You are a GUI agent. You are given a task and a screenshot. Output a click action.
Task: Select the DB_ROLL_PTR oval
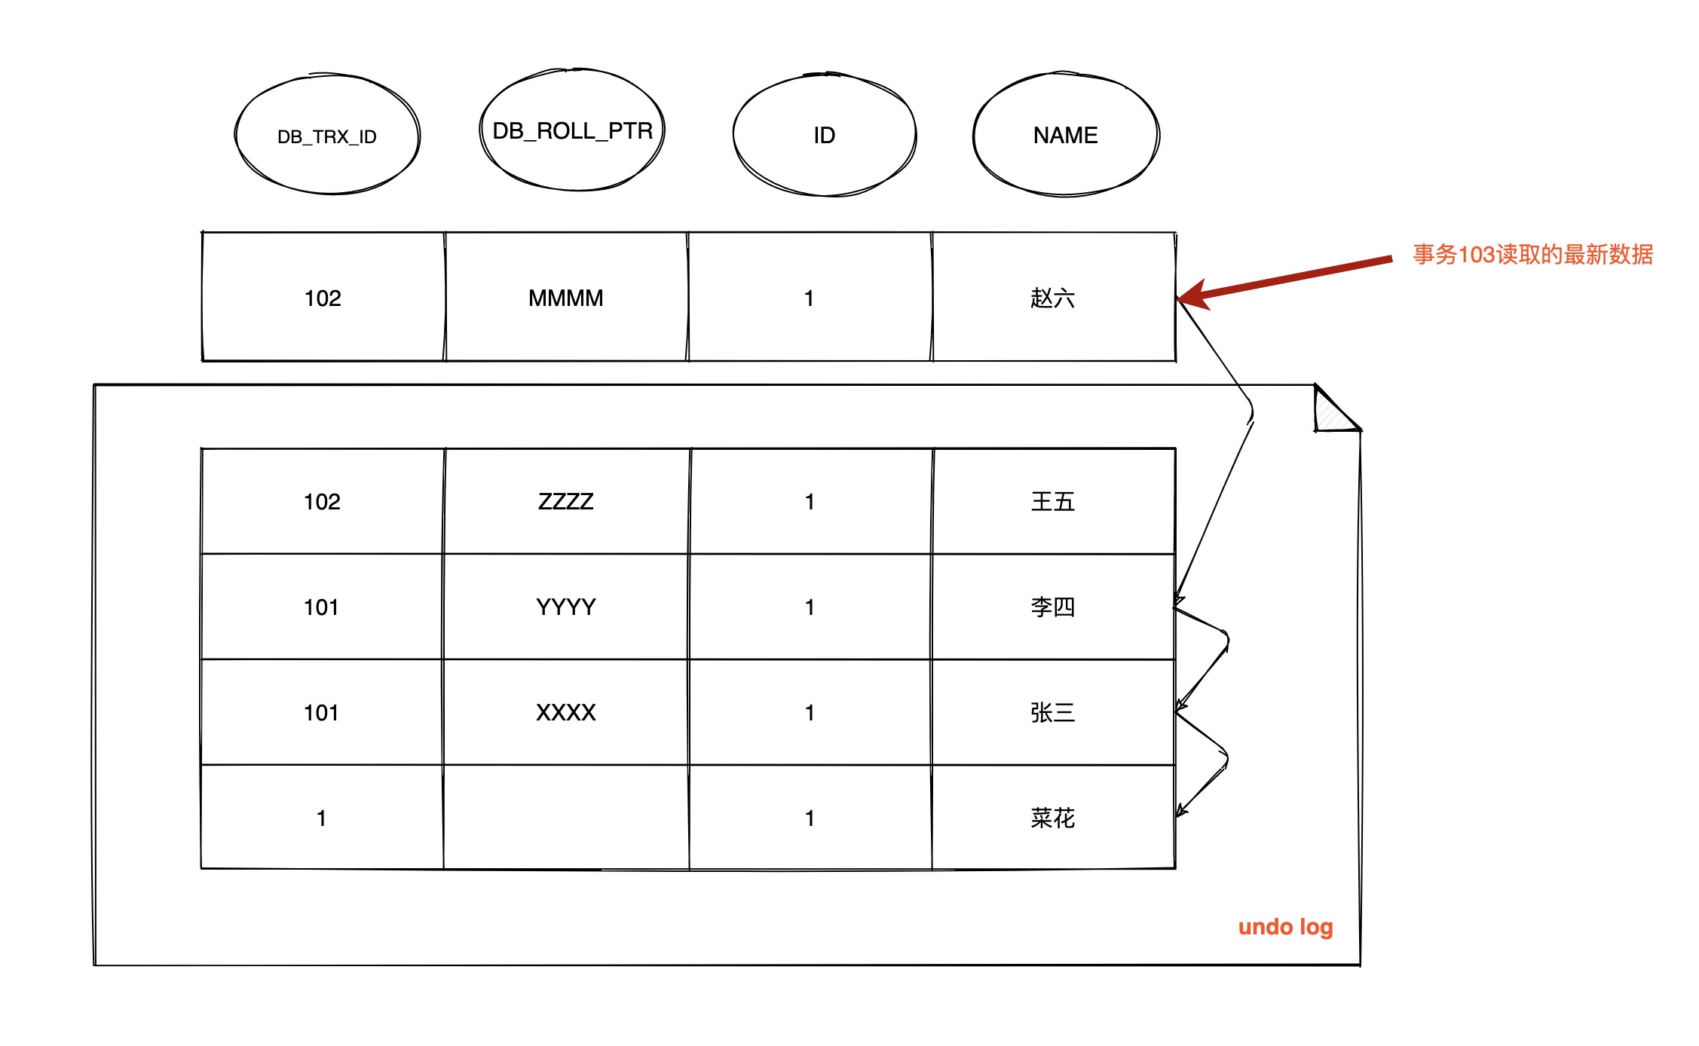tap(572, 130)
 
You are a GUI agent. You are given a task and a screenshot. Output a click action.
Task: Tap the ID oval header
tap(825, 135)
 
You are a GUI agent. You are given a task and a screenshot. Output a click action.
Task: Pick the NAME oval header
tap(1066, 135)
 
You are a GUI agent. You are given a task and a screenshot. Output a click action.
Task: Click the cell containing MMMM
tap(566, 297)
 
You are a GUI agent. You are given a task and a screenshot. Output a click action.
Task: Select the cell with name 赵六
tap(1054, 297)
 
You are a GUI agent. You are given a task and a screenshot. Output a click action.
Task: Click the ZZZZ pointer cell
tap(566, 501)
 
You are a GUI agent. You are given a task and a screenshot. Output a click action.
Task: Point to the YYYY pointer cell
tap(566, 607)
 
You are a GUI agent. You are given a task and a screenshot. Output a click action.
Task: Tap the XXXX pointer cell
tap(566, 712)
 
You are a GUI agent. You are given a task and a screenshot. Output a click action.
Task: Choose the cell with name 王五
tap(1054, 501)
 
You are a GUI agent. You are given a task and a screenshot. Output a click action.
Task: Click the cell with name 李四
tap(1054, 607)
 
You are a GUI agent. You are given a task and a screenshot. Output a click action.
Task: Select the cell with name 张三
tap(1054, 712)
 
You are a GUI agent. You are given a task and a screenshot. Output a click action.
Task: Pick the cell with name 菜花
tap(1054, 818)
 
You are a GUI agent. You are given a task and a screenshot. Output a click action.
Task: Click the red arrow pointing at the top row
tap(1284, 280)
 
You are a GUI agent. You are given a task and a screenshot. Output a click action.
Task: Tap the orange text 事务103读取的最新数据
tap(1532, 255)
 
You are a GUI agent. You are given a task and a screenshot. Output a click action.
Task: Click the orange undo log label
tap(1286, 927)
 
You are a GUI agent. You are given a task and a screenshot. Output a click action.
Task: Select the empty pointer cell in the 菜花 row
tap(566, 818)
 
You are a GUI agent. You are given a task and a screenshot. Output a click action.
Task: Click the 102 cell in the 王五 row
tap(323, 501)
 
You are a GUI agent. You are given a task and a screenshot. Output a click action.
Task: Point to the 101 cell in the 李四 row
tap(323, 607)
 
